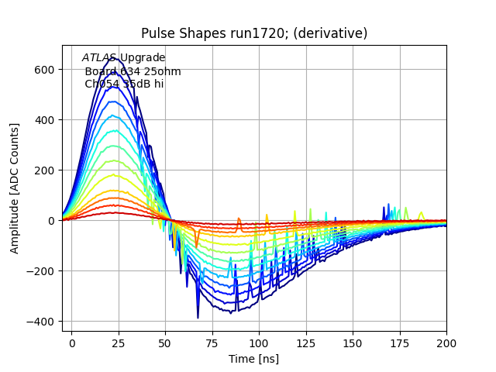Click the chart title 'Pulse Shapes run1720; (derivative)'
click(x=254, y=33)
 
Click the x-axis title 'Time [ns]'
click(x=253, y=359)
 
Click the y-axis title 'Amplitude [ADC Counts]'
click(x=15, y=188)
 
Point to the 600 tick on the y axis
click(x=46, y=70)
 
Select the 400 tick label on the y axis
click(x=46, y=120)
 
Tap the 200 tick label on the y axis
click(x=46, y=170)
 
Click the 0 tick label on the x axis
click(x=72, y=342)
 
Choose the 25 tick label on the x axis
click(x=119, y=342)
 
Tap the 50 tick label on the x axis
click(x=165, y=342)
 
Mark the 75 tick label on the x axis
click(x=212, y=342)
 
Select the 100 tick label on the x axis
click(x=259, y=342)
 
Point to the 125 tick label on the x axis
click(x=306, y=342)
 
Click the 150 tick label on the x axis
click(x=353, y=342)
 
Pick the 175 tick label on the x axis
click(x=400, y=342)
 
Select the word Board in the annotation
click(x=101, y=71)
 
